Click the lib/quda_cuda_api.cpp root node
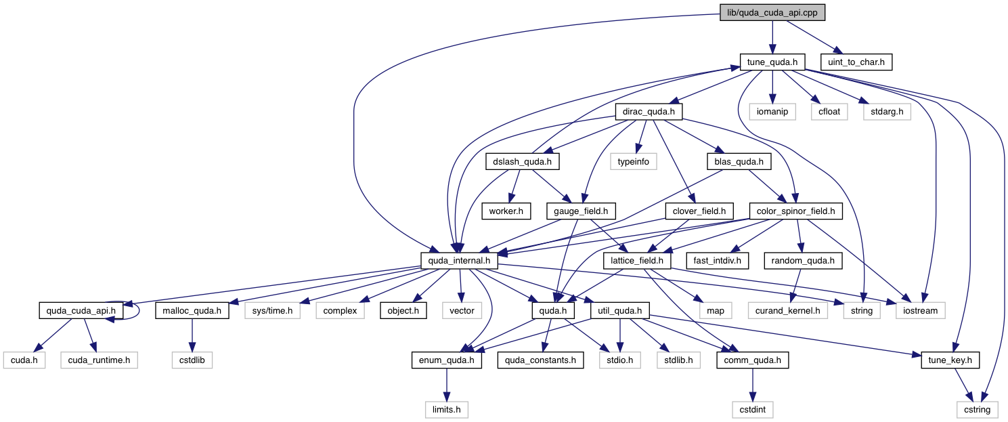(772, 12)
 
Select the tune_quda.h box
(772, 62)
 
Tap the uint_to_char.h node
(856, 62)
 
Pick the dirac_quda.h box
(649, 112)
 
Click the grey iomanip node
(772, 112)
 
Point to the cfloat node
(829, 112)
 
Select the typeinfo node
(633, 162)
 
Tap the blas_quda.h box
(739, 162)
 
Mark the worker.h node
(502, 211)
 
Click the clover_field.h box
(699, 211)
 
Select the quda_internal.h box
(460, 261)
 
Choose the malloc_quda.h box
(192, 311)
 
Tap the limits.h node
(446, 410)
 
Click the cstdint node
(752, 410)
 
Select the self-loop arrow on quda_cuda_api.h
(137, 311)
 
